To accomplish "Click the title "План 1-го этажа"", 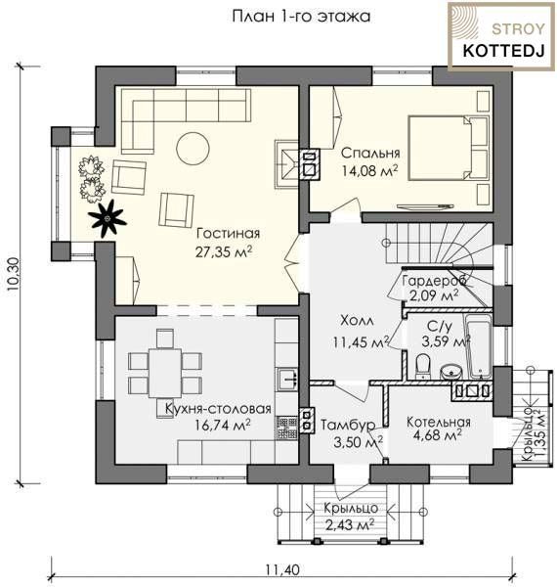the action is coord(301,17).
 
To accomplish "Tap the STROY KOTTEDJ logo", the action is coord(501,36).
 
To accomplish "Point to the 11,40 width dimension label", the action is coord(282,569).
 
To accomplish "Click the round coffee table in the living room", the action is coord(193,148).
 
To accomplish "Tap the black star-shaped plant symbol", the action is coord(107,218).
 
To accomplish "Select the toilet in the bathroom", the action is coord(422,366).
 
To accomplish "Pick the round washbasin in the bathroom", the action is coord(451,373).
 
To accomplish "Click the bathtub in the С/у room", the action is coord(480,346).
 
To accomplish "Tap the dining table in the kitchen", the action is coord(165,373).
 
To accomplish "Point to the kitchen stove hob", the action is coord(287,428).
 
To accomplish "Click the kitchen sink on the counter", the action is coord(287,379).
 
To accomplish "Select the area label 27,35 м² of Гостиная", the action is coord(224,251).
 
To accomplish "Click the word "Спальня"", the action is coord(370,153).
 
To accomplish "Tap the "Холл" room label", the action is coord(357,321).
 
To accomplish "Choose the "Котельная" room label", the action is coord(438,422).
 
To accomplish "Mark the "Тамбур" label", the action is coord(348,425).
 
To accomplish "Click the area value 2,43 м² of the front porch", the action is coord(350,525).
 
